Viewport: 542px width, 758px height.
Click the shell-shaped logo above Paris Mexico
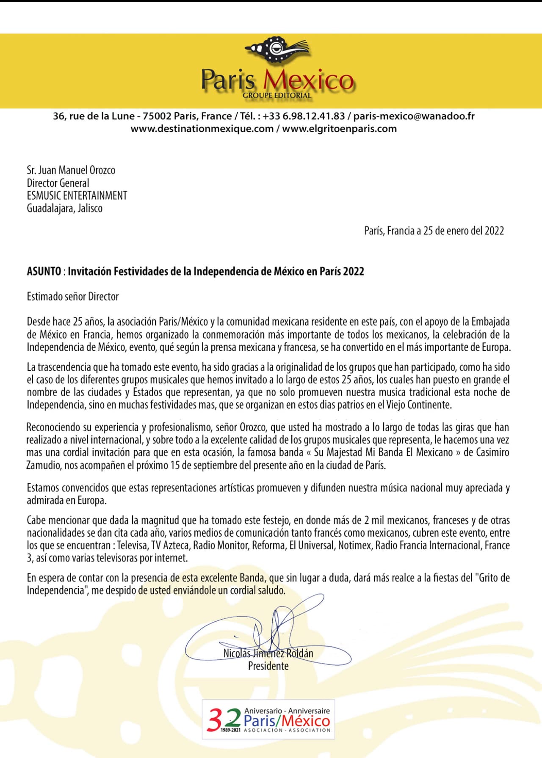[x=277, y=50]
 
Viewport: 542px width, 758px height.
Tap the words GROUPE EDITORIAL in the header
[x=277, y=96]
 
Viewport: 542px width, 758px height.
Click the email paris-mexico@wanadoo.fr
[x=414, y=116]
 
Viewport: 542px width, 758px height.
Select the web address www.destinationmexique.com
[x=202, y=129]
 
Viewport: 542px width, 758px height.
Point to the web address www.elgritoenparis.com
[x=339, y=129]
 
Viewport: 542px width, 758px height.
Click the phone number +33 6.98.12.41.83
[x=304, y=116]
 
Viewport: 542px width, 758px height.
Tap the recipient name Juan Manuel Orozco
[x=77, y=170]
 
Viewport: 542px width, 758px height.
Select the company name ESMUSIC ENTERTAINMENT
[x=77, y=196]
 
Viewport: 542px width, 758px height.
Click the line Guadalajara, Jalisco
[x=64, y=208]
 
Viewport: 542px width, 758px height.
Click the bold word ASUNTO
[x=44, y=271]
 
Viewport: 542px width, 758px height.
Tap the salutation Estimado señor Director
[x=73, y=296]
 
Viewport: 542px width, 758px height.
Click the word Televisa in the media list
[x=132, y=545]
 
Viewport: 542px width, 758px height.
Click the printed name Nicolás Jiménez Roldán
[x=268, y=653]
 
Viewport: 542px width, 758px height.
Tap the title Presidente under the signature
[x=268, y=666]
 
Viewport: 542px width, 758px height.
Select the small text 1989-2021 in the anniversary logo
[x=231, y=730]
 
